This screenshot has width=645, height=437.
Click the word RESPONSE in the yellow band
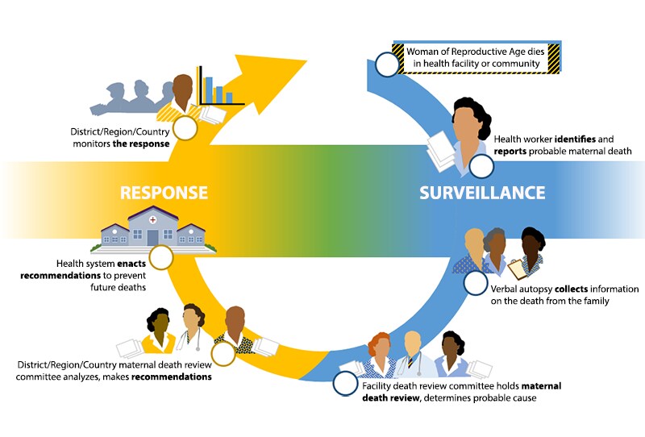tap(164, 193)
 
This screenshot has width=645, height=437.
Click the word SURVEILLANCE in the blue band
tap(482, 193)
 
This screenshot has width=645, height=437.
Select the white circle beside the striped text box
tap(387, 64)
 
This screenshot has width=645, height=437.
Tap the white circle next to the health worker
tap(481, 166)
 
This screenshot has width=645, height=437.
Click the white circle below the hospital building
tap(160, 258)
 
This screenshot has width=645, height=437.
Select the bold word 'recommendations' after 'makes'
tap(172, 376)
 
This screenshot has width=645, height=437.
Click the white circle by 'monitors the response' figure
tap(186, 128)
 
